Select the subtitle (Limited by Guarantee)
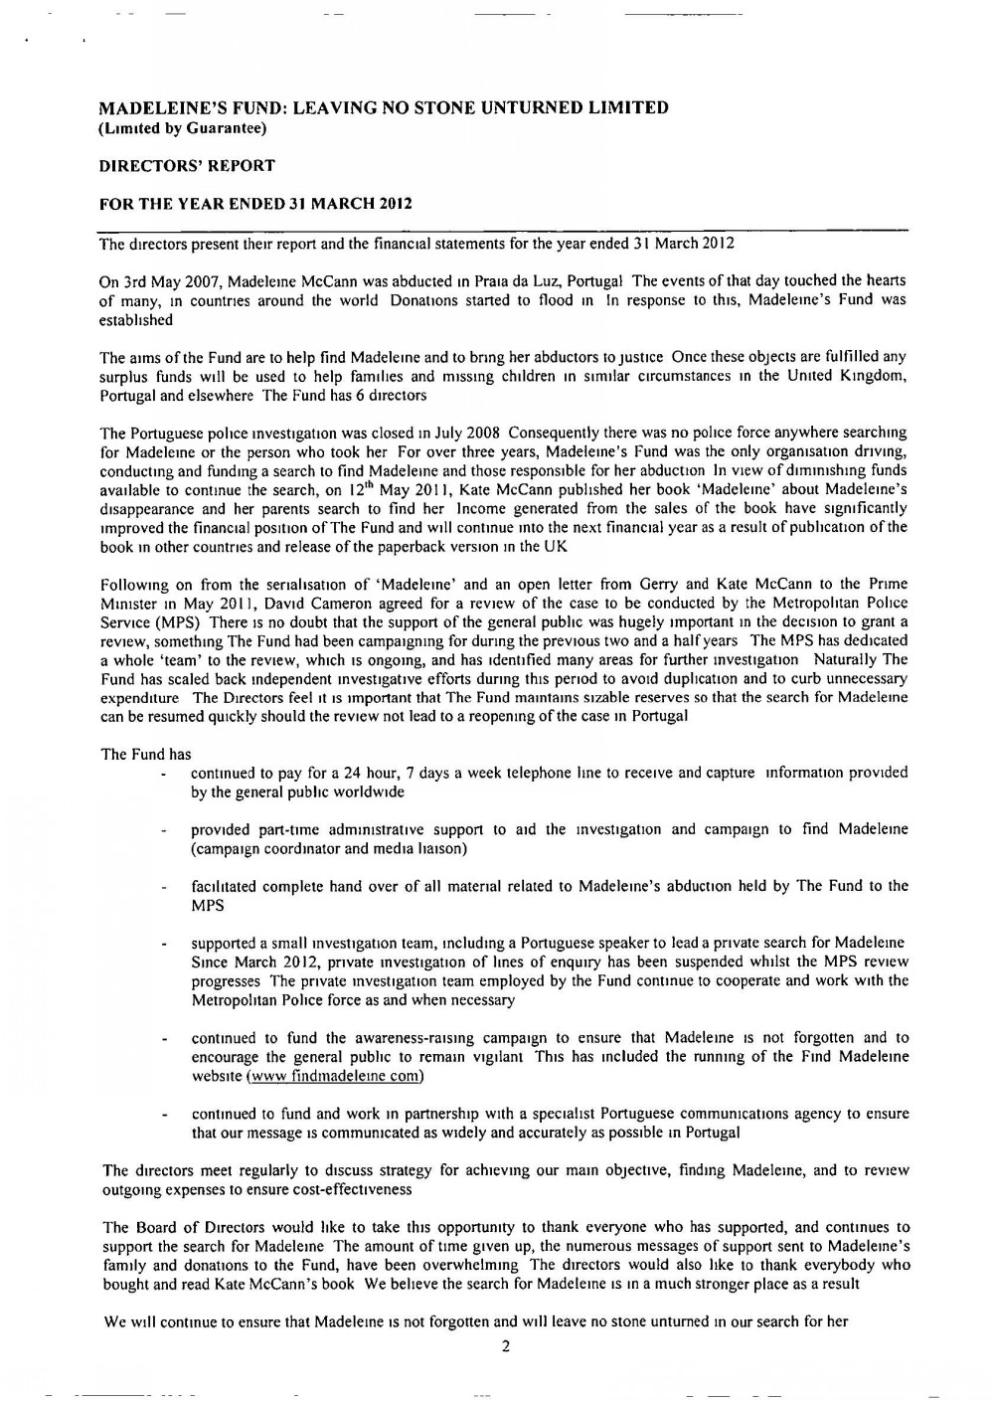pos(182,127)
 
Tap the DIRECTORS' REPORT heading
pos(187,165)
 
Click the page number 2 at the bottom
pos(506,1346)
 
